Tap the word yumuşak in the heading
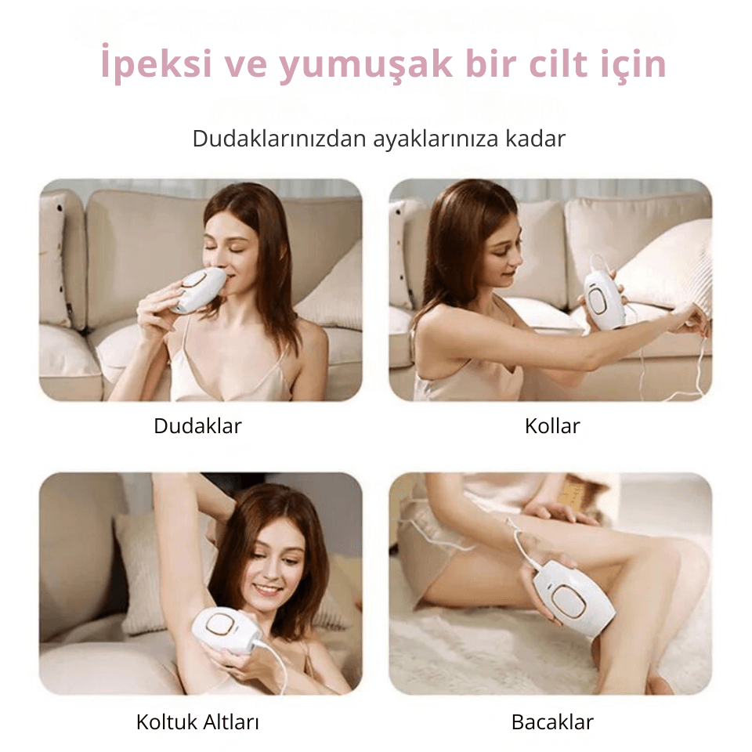pos(366,64)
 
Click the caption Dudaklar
pos(197,426)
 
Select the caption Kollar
pos(552,426)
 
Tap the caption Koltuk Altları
pos(197,721)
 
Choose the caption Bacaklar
pos(552,721)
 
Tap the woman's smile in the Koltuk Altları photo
pos(268,588)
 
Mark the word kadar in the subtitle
pos(536,139)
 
